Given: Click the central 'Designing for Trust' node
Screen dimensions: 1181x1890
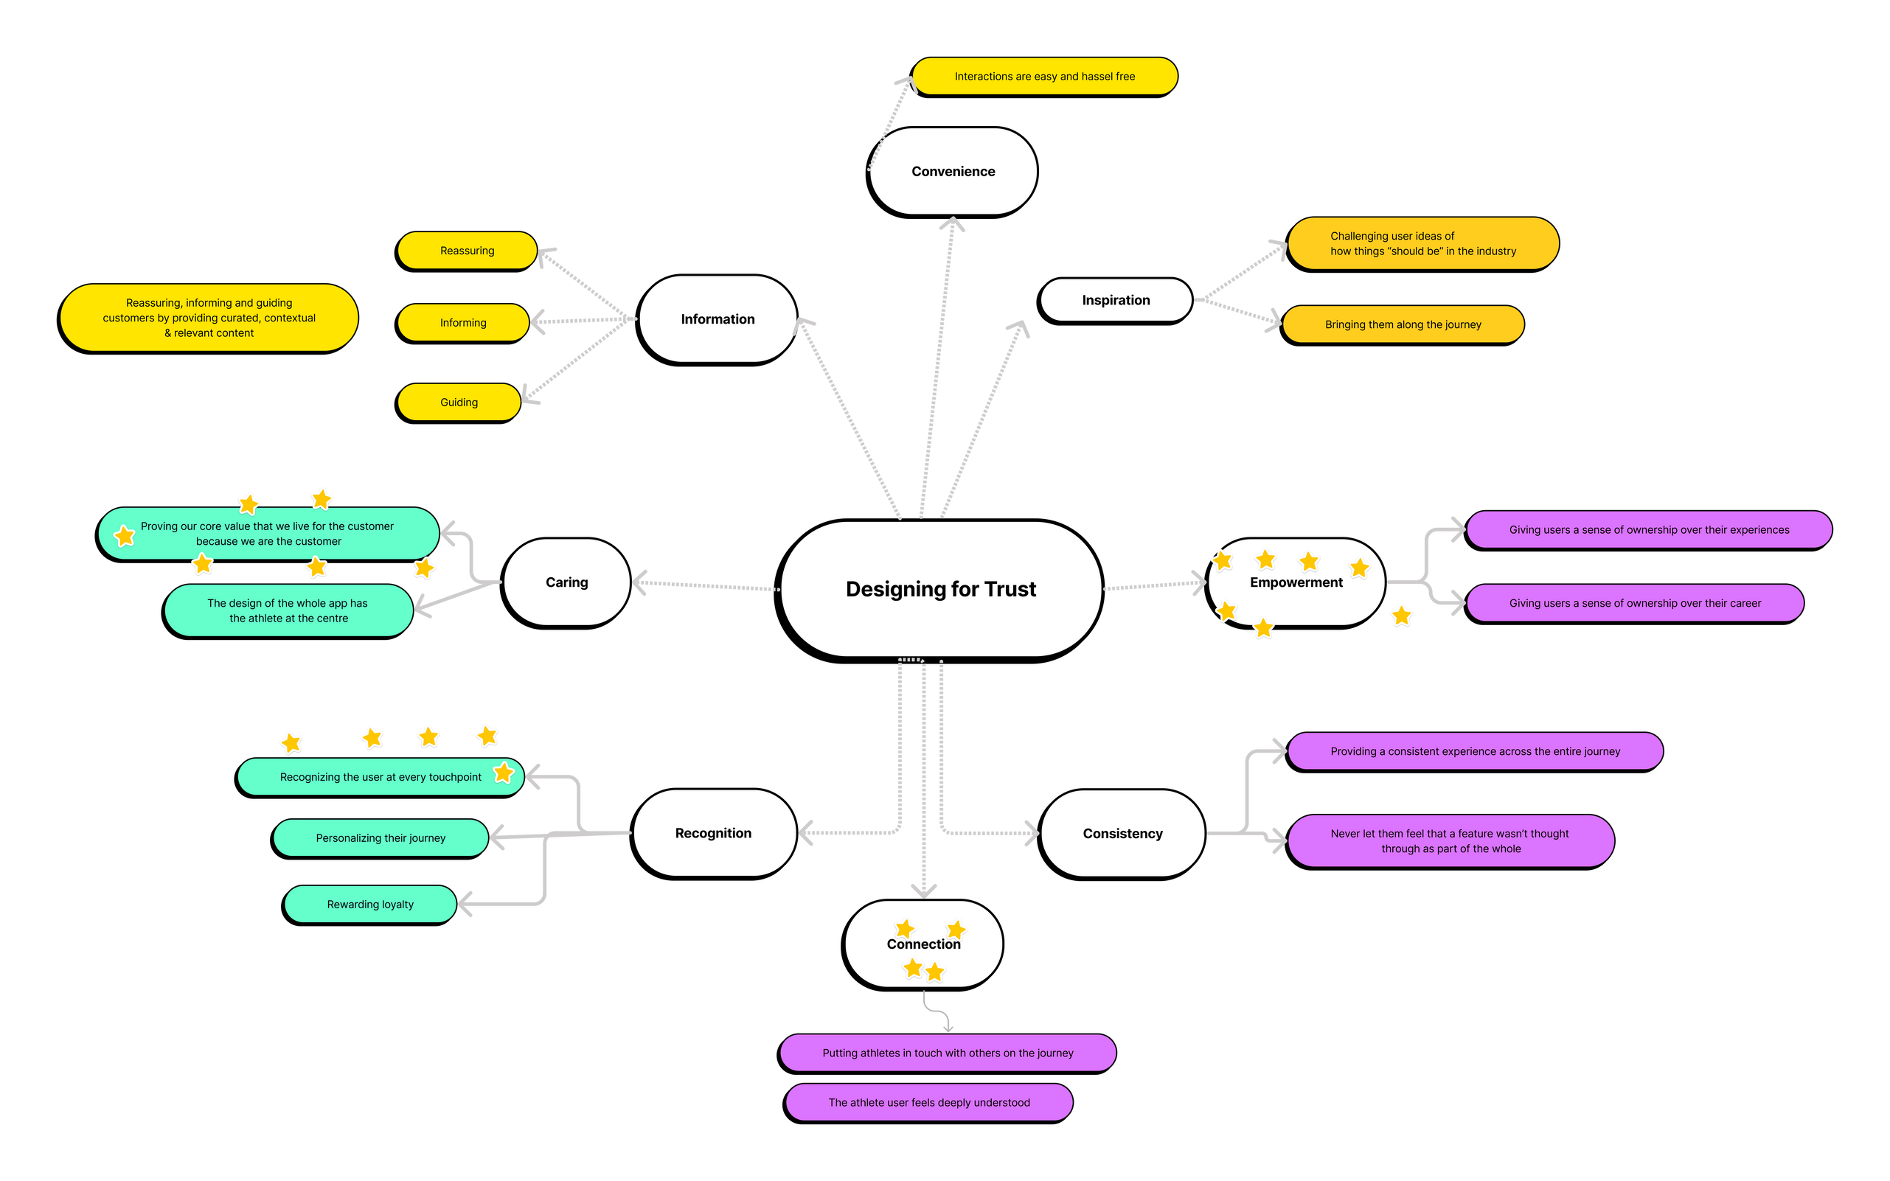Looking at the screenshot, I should pyautogui.click(x=941, y=589).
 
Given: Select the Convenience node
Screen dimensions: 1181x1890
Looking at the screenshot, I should pyautogui.click(x=953, y=171).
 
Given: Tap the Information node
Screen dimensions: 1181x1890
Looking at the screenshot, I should pyautogui.click(x=718, y=318).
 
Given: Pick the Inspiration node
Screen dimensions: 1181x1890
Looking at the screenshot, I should pyautogui.click(x=1116, y=300).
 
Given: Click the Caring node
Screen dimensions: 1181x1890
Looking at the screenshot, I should pyautogui.click(x=566, y=582).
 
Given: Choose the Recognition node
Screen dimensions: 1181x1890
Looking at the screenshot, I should pyautogui.click(x=713, y=832).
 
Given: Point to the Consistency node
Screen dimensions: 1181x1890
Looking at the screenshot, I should pyautogui.click(x=1123, y=834).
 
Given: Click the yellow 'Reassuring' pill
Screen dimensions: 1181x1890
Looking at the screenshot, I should pyautogui.click(x=467, y=251).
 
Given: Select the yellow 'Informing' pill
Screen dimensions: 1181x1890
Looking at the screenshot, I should pyautogui.click(x=462, y=323).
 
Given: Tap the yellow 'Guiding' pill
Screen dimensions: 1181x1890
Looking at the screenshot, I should pyautogui.click(x=459, y=403).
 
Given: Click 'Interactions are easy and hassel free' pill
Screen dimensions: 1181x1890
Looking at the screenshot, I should pyautogui.click(x=1045, y=77).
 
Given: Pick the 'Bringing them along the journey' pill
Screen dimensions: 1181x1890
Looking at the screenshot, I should pyautogui.click(x=1403, y=324).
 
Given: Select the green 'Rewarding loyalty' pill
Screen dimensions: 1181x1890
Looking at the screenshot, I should pyautogui.click(x=370, y=905).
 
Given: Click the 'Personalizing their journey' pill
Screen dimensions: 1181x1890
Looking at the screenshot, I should pyautogui.click(x=381, y=838).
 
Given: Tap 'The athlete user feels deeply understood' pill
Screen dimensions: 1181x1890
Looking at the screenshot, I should pyautogui.click(x=929, y=1102).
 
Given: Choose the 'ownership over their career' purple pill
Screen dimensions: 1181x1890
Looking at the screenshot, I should pyautogui.click(x=1635, y=603).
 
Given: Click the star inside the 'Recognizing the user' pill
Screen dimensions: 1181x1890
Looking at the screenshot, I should pyautogui.click(x=504, y=773).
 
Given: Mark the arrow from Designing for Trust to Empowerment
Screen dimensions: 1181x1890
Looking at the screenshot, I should pyautogui.click(x=1155, y=585).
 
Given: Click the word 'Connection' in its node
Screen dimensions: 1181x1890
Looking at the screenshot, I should pyautogui.click(x=923, y=944).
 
